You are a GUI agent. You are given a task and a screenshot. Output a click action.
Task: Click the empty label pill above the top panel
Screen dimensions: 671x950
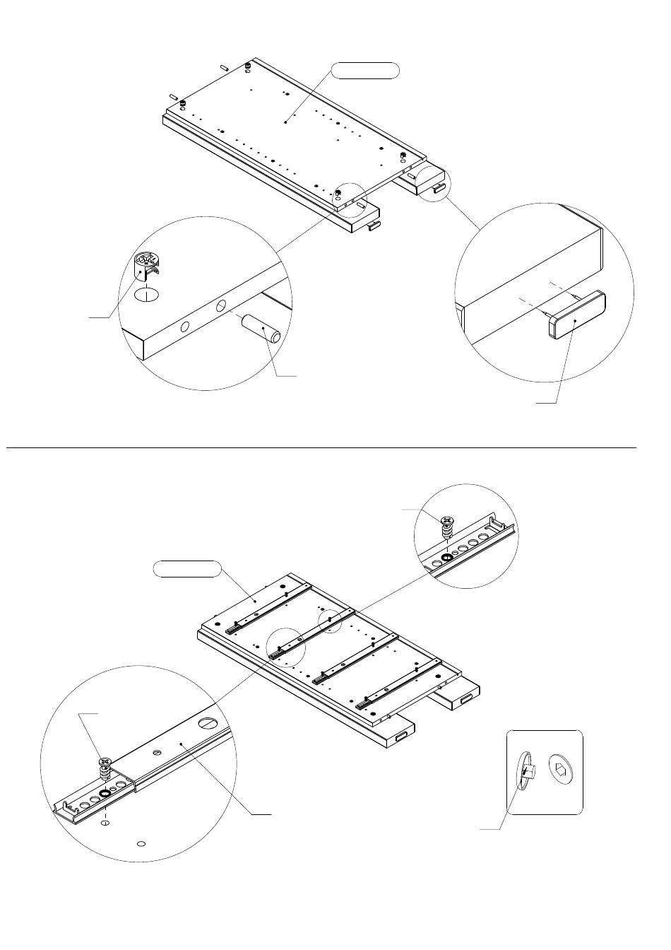366,70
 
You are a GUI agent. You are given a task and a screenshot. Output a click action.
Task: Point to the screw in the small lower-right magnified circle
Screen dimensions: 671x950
446,526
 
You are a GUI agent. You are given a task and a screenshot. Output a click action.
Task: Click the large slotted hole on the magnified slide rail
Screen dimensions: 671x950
208,723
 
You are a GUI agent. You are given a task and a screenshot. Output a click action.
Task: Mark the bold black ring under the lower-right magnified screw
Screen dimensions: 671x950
446,557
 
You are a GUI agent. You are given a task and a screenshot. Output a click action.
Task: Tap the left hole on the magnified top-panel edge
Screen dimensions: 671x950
186,327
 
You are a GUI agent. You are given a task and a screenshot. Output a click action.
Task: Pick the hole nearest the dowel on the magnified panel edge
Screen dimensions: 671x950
221,305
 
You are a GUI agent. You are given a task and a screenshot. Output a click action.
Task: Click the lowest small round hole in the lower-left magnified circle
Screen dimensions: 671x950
141,843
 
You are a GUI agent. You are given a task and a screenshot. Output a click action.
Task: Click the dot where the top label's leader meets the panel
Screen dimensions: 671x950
285,122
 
